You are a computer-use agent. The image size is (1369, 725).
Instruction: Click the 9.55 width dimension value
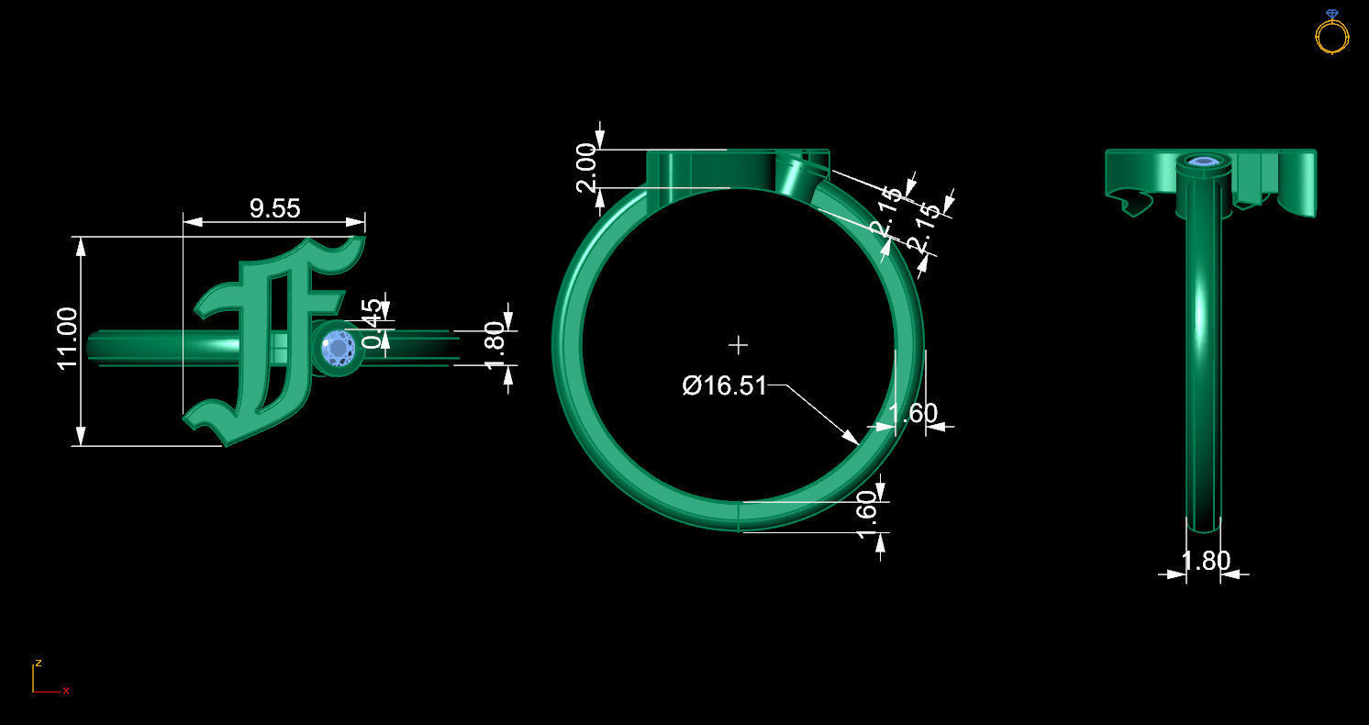click(x=274, y=208)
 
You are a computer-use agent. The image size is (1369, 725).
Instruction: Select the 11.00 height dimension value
click(x=68, y=339)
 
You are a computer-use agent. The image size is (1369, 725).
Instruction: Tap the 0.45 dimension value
click(x=372, y=323)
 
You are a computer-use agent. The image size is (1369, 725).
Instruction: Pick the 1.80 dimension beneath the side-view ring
click(x=1204, y=561)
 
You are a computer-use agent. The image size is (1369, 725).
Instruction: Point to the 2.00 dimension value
click(x=587, y=166)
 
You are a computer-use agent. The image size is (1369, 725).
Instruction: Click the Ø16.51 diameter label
click(x=724, y=385)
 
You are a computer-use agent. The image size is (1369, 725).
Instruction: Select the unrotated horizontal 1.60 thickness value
click(x=913, y=414)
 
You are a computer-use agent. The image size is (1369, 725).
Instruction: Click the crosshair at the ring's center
click(x=738, y=345)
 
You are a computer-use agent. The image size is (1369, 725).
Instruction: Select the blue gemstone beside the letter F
click(x=339, y=349)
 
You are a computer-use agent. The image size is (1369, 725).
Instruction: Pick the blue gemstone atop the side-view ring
click(x=1202, y=162)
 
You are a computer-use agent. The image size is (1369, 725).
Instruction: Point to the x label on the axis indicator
click(x=66, y=690)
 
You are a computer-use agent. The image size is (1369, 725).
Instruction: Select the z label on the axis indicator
click(x=38, y=663)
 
